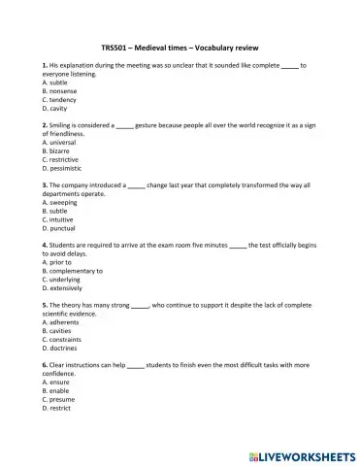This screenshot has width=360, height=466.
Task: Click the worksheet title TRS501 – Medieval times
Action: (x=180, y=47)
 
